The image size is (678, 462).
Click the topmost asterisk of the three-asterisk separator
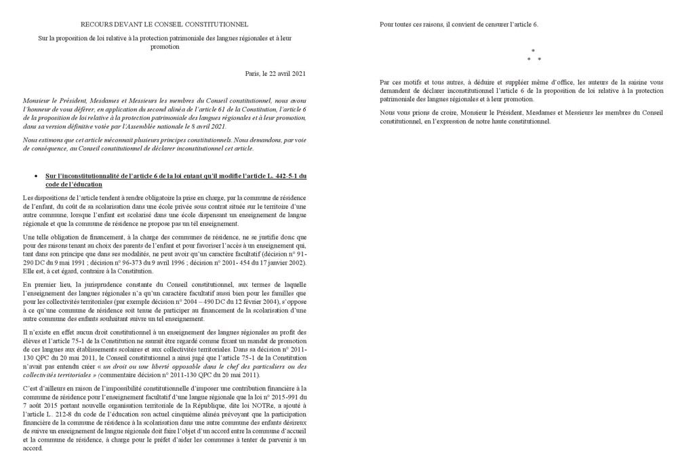click(533, 51)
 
